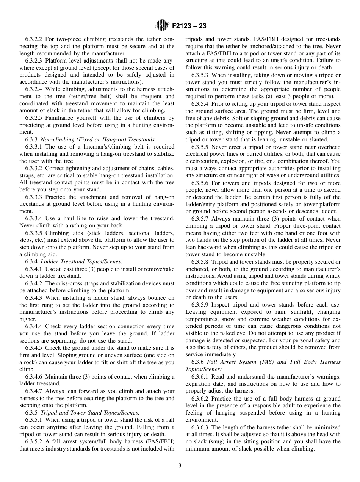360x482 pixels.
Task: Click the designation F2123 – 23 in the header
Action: (189, 26)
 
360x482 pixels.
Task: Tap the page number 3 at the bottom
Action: (180, 466)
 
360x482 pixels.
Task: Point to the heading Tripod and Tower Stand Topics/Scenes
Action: (90, 413)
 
